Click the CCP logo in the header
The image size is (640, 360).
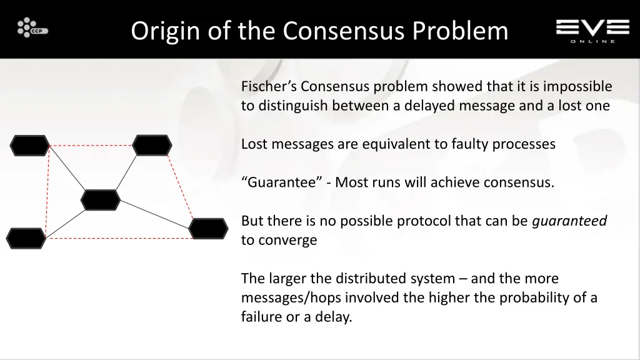pyautogui.click(x=32, y=28)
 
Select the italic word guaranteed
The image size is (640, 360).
pyautogui.click(x=569, y=221)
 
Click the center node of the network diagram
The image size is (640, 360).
pyautogui.click(x=101, y=200)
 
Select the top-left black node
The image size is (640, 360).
pyautogui.click(x=29, y=146)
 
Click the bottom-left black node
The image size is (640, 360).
pyautogui.click(x=26, y=239)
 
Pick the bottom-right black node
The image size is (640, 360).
pyautogui.click(x=208, y=229)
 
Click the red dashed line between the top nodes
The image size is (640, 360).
pyautogui.click(x=91, y=146)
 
